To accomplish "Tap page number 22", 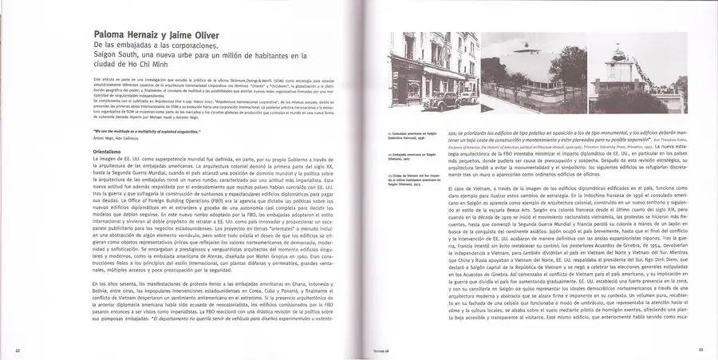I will pyautogui.click(x=18, y=350).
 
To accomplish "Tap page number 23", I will pyautogui.click(x=700, y=350).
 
